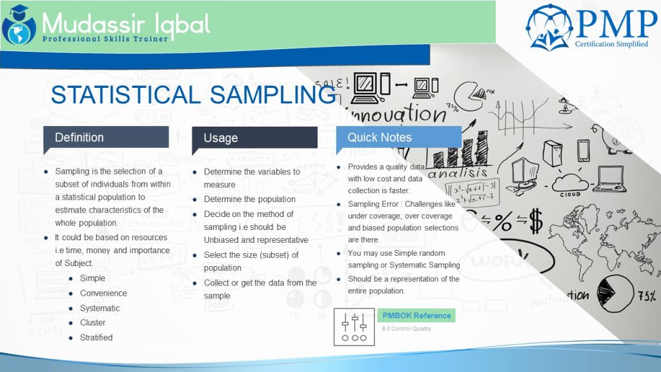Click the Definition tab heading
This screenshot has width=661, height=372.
coord(79,137)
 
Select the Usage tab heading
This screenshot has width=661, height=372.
coord(221,138)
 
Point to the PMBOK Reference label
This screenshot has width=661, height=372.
coord(416,315)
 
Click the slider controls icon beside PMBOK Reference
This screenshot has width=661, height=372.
coord(354,327)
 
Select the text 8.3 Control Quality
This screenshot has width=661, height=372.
coord(406,329)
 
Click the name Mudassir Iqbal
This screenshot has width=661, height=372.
coord(126,23)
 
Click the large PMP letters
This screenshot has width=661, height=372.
coord(616,23)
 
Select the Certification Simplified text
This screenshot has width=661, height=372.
coord(611,44)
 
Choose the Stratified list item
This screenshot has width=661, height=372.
coord(96,337)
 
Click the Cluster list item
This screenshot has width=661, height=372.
coord(92,322)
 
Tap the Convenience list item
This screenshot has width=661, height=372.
coord(103,293)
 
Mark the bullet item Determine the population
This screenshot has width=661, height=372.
coord(250,200)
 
